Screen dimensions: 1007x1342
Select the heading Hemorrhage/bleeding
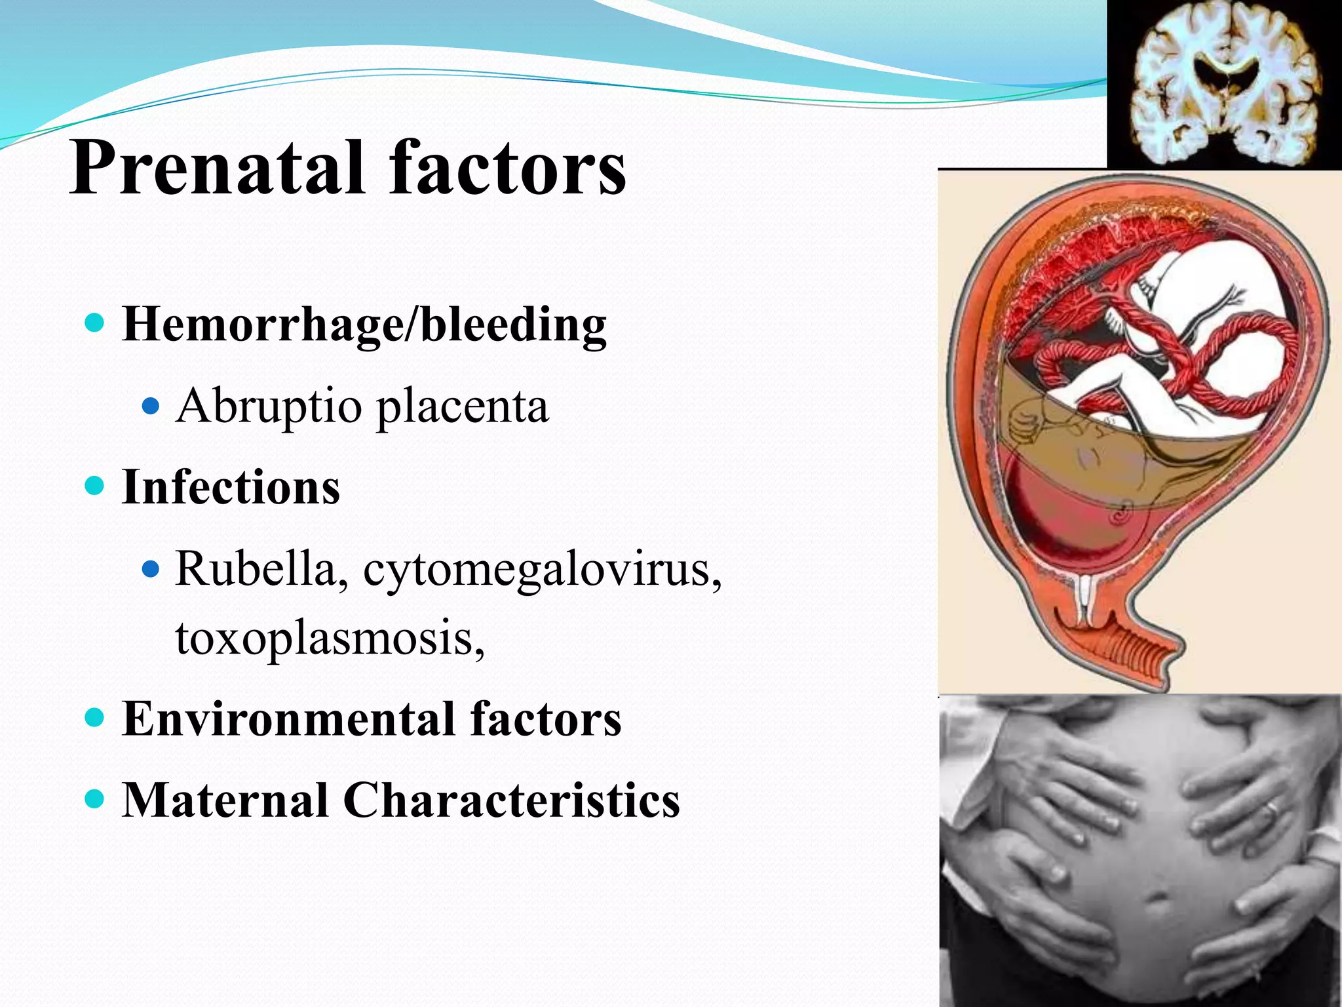click(x=364, y=325)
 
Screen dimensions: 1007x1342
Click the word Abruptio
click(x=268, y=406)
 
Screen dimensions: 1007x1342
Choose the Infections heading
click(x=231, y=487)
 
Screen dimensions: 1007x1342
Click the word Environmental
click(x=288, y=719)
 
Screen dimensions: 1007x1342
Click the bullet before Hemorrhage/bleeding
click(x=95, y=323)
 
